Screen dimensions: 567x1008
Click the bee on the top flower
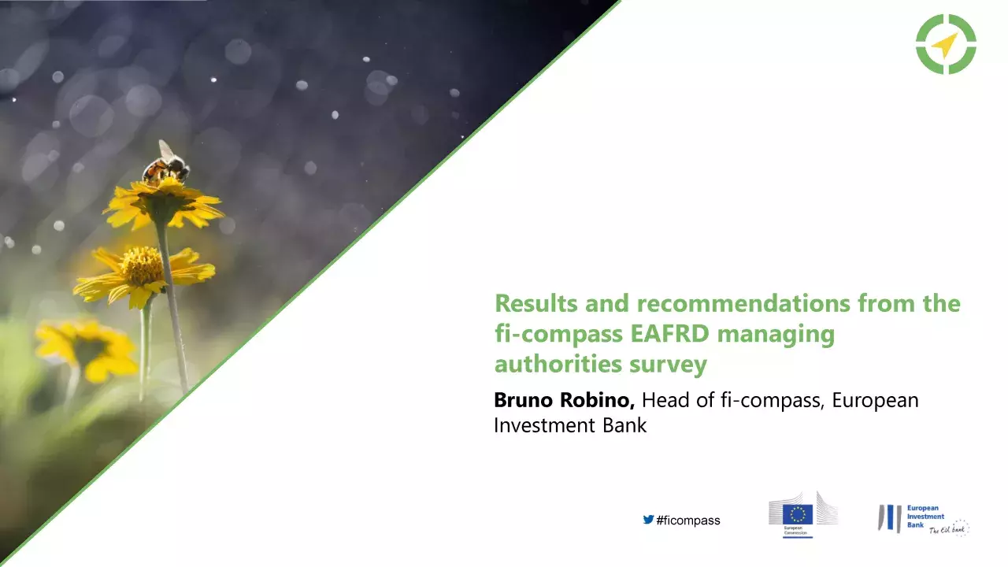tap(166, 165)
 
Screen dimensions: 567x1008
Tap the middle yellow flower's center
tap(142, 267)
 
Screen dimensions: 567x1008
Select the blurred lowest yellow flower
tap(87, 349)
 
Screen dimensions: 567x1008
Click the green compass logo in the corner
tap(946, 44)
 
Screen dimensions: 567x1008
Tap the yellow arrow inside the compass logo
tap(944, 45)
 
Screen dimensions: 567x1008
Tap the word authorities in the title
tap(558, 365)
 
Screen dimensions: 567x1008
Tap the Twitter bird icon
tap(648, 520)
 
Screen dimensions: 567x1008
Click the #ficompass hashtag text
tap(688, 521)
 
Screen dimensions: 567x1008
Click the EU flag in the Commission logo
tap(798, 514)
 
